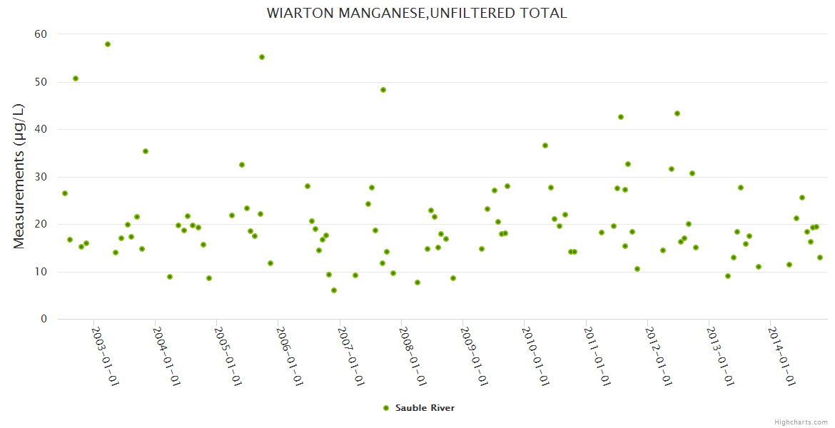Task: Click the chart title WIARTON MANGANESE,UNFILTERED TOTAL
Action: [417, 14]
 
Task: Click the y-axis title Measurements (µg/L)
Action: [19, 176]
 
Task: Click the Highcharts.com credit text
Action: [801, 422]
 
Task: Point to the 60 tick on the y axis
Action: [41, 34]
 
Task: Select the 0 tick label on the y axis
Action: [44, 320]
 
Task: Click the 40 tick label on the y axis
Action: [41, 129]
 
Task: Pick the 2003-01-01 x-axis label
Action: [105, 356]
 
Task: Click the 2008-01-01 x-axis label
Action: [412, 356]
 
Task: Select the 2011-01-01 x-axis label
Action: [596, 356]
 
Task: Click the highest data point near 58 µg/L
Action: [108, 44]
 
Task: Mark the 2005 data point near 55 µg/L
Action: [262, 57]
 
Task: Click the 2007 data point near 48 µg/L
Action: [383, 90]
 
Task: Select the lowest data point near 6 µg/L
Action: [334, 290]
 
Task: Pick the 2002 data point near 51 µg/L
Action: [76, 78]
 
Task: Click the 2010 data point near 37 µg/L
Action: [545, 146]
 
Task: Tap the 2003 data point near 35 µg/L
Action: [146, 151]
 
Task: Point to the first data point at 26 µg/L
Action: [65, 193]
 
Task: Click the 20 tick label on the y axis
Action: [41, 224]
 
